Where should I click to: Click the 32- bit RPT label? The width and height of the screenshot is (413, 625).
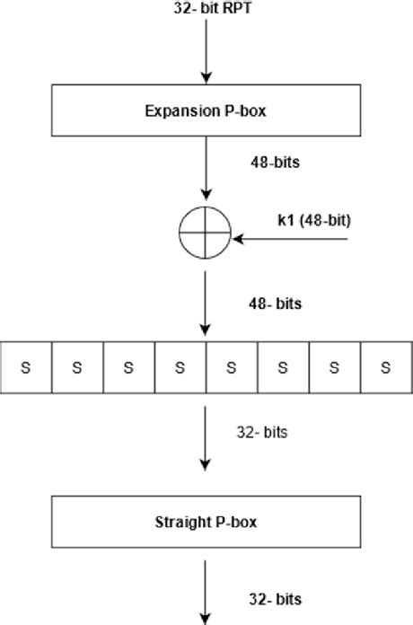pyautogui.click(x=206, y=12)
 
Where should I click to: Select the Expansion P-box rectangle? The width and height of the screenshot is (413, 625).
pyautogui.click(x=206, y=111)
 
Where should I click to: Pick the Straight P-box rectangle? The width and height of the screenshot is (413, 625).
pyautogui.click(x=206, y=521)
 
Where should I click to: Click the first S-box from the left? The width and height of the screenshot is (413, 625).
pyautogui.click(x=25, y=366)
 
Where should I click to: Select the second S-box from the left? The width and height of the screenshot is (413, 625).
pyautogui.click(x=77, y=366)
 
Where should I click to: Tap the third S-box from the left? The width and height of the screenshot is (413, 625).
pyautogui.click(x=128, y=366)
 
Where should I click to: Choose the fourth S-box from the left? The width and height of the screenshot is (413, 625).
pyautogui.click(x=180, y=366)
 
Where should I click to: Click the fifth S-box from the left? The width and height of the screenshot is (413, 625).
pyautogui.click(x=232, y=366)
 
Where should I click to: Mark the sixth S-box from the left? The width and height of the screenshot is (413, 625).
pyautogui.click(x=283, y=366)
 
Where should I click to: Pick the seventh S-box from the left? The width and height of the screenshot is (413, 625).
pyautogui.click(x=335, y=366)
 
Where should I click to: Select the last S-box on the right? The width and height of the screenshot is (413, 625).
pyautogui.click(x=386, y=366)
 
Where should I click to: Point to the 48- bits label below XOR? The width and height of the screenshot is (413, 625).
pyautogui.click(x=275, y=304)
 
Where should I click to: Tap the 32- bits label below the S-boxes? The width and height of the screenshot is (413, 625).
pyautogui.click(x=262, y=432)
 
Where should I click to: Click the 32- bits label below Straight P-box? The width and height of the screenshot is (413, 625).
pyautogui.click(x=275, y=599)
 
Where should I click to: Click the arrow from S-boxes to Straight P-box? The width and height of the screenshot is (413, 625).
pyautogui.click(x=206, y=440)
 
